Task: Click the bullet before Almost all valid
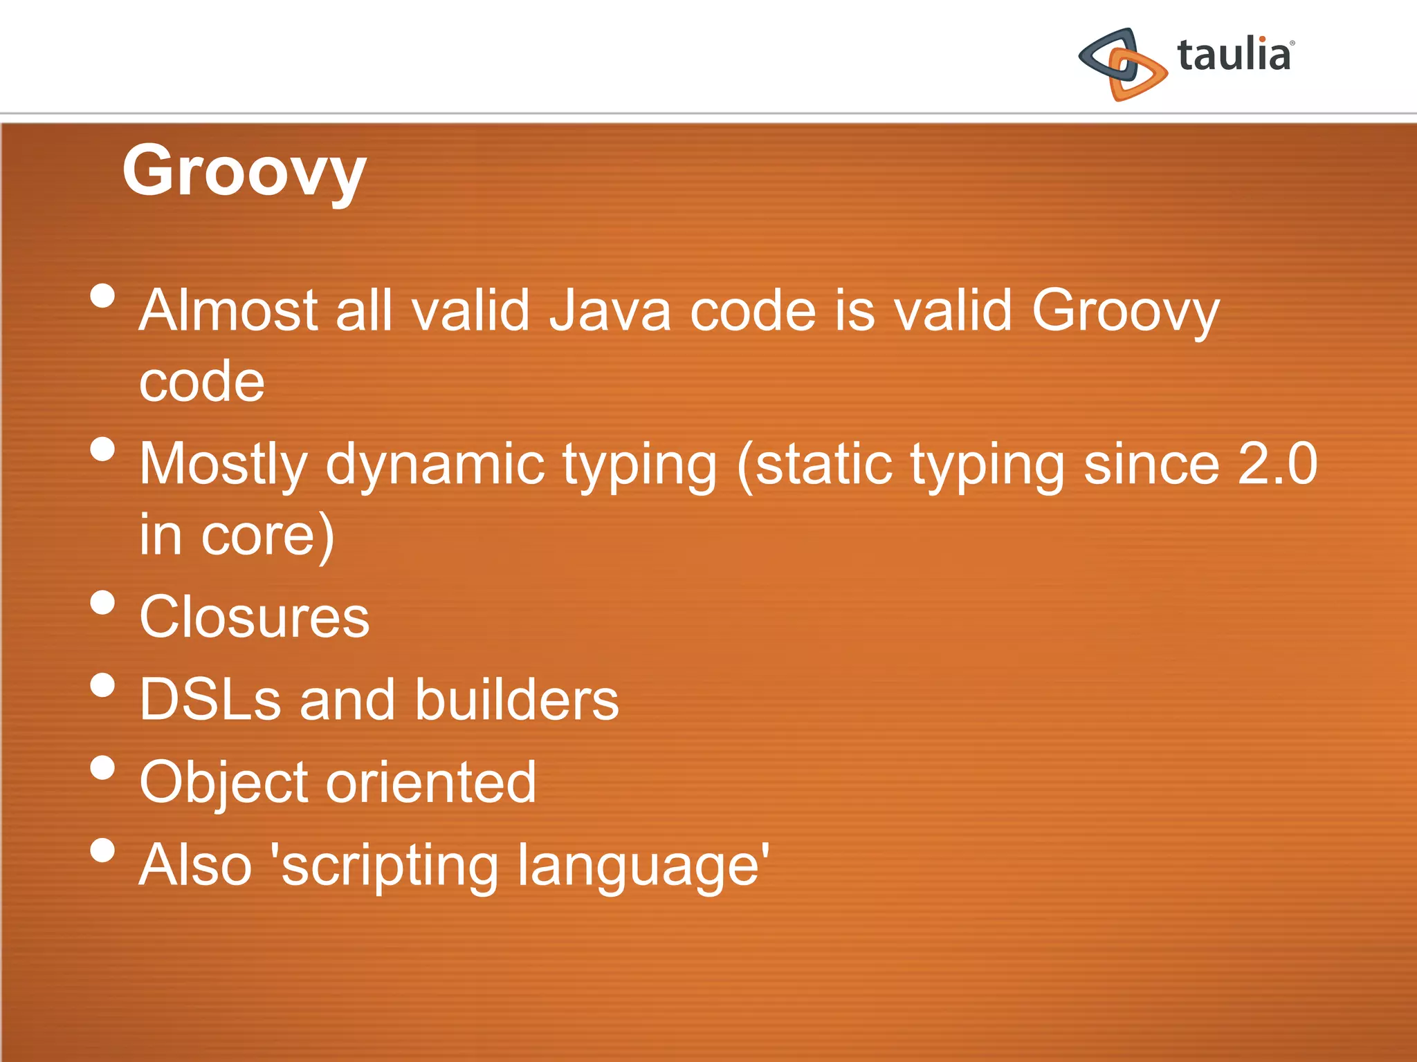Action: click(102, 296)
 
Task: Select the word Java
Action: click(610, 311)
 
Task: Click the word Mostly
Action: click(223, 465)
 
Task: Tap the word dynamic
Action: click(435, 465)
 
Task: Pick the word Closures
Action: click(254, 617)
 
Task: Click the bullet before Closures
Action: click(102, 602)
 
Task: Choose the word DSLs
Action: click(210, 700)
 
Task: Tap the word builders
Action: click(516, 700)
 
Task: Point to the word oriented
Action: click(431, 783)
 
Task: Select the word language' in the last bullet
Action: click(643, 866)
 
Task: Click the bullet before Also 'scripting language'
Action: click(102, 850)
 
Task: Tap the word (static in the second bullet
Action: click(814, 465)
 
